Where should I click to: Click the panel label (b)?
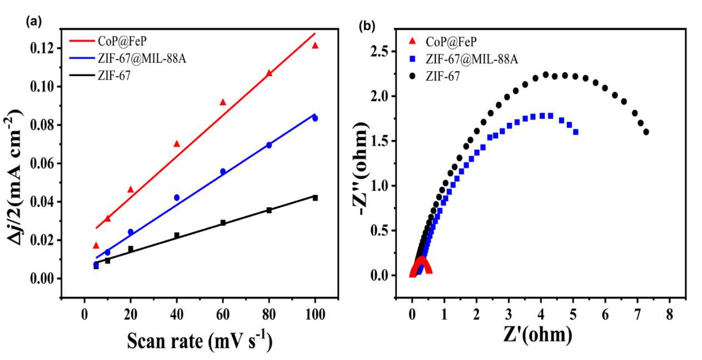click(368, 25)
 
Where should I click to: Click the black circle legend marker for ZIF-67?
click(412, 76)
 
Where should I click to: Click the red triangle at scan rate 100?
click(315, 46)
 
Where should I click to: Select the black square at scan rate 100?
click(315, 198)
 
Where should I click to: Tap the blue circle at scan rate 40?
click(177, 197)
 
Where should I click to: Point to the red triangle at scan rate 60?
click(223, 102)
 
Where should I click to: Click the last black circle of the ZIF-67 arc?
click(646, 132)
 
